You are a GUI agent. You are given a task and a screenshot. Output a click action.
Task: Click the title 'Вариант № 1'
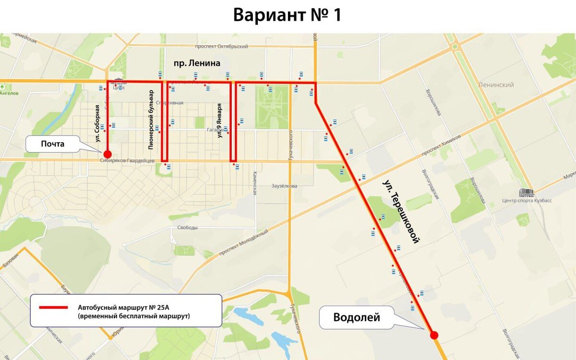tap(287, 15)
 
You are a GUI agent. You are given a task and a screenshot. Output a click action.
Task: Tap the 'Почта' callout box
tap(52, 144)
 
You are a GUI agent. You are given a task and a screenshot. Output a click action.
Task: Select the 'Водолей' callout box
tap(356, 317)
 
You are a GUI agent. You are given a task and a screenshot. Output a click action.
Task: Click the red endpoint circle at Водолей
tap(434, 335)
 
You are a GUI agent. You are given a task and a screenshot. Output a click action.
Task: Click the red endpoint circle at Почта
tap(108, 154)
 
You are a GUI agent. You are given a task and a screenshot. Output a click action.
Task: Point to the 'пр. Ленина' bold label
tap(196, 63)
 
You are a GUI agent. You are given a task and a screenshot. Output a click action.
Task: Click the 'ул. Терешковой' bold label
tap(401, 211)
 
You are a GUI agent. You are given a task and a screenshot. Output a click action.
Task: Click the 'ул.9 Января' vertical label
tap(220, 120)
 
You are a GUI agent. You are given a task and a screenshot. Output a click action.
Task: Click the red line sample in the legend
tap(53, 307)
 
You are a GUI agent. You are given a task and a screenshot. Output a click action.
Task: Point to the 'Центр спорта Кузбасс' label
tap(527, 201)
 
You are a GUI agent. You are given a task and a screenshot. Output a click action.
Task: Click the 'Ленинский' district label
tap(496, 85)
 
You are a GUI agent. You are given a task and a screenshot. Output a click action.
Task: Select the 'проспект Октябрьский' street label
tap(221, 47)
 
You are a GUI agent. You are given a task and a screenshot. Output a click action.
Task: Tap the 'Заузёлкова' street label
tap(284, 186)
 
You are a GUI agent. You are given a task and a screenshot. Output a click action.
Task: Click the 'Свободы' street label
tap(187, 228)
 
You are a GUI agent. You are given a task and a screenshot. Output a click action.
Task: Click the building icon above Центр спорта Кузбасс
tap(527, 192)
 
